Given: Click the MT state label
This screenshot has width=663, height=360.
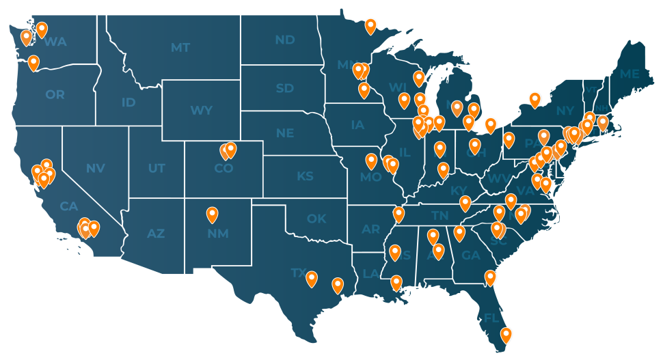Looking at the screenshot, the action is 180,48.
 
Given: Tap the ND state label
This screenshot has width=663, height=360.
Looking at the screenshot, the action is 284,40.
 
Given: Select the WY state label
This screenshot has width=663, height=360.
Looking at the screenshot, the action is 201,111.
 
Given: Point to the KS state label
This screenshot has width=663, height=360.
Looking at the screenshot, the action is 305,176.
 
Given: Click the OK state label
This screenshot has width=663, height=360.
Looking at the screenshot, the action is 316,219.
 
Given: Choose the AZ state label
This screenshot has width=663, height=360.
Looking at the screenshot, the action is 156,234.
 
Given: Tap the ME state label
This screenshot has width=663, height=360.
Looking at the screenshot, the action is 629,74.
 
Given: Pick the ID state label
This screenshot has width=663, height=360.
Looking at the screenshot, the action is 128,102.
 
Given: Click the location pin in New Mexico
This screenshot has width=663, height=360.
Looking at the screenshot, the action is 213,214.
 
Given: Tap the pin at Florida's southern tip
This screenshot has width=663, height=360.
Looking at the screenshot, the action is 506,335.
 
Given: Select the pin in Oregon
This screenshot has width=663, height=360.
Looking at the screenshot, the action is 33,63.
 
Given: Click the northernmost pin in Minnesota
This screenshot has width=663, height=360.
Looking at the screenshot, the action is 370,26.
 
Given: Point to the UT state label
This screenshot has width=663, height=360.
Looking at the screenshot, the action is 157,168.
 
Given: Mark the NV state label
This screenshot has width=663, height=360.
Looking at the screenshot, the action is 95,168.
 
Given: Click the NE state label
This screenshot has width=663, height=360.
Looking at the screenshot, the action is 285,133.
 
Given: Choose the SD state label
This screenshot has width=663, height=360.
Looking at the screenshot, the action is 284,88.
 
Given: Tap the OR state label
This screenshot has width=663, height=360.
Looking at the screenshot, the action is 55,95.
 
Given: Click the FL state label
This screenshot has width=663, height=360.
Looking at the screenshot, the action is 491,318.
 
